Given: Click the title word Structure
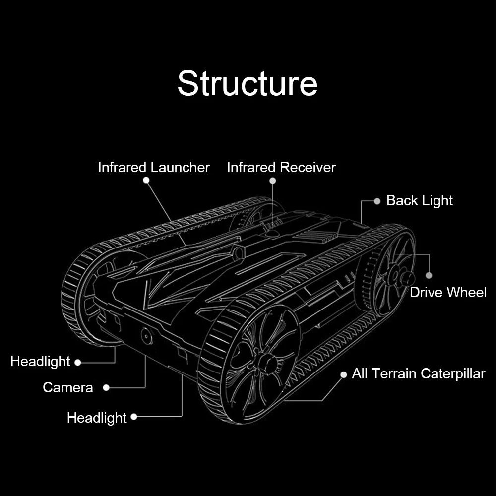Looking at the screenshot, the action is coord(248,83).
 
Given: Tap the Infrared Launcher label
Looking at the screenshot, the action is coord(154,167).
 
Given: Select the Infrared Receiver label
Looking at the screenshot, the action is coord(281,167).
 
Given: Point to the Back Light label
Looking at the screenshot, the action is coord(420,200).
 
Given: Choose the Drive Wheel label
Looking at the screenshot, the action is coord(448,292).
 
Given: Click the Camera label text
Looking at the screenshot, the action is coord(67,387).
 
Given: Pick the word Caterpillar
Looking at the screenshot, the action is coord(453,374).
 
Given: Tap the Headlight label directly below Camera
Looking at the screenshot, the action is coord(97,418).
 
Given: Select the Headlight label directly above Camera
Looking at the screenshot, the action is coord(40,361).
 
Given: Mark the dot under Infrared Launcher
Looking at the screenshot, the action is coord(146,180).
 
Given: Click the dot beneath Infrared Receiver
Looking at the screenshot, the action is coord(273,181).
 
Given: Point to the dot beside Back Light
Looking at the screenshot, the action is coord(377,201).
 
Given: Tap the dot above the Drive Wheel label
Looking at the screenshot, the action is coord(429,275).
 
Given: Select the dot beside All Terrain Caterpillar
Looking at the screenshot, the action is coord(344,375).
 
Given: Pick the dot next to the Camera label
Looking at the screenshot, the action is coord(106,387).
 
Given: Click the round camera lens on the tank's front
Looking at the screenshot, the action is coord(147,336).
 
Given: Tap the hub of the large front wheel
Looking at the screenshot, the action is coord(265,361).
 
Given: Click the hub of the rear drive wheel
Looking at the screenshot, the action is coord(395,276).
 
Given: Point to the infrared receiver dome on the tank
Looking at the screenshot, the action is coord(272,233).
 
